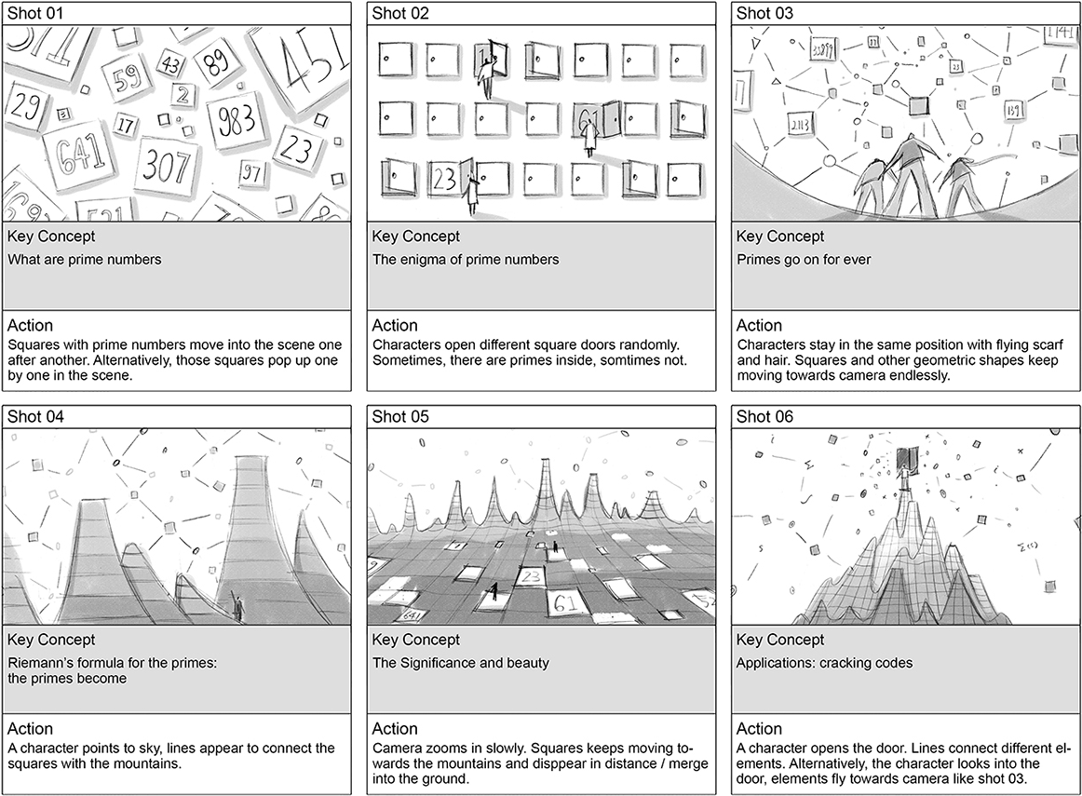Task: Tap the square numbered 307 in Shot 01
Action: [166, 164]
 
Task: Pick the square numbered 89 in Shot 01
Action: [217, 65]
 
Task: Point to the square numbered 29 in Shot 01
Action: [25, 108]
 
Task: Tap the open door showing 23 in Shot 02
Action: [444, 180]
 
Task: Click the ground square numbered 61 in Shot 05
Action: [566, 602]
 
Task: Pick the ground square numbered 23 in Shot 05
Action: [531, 576]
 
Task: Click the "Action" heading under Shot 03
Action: [759, 326]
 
